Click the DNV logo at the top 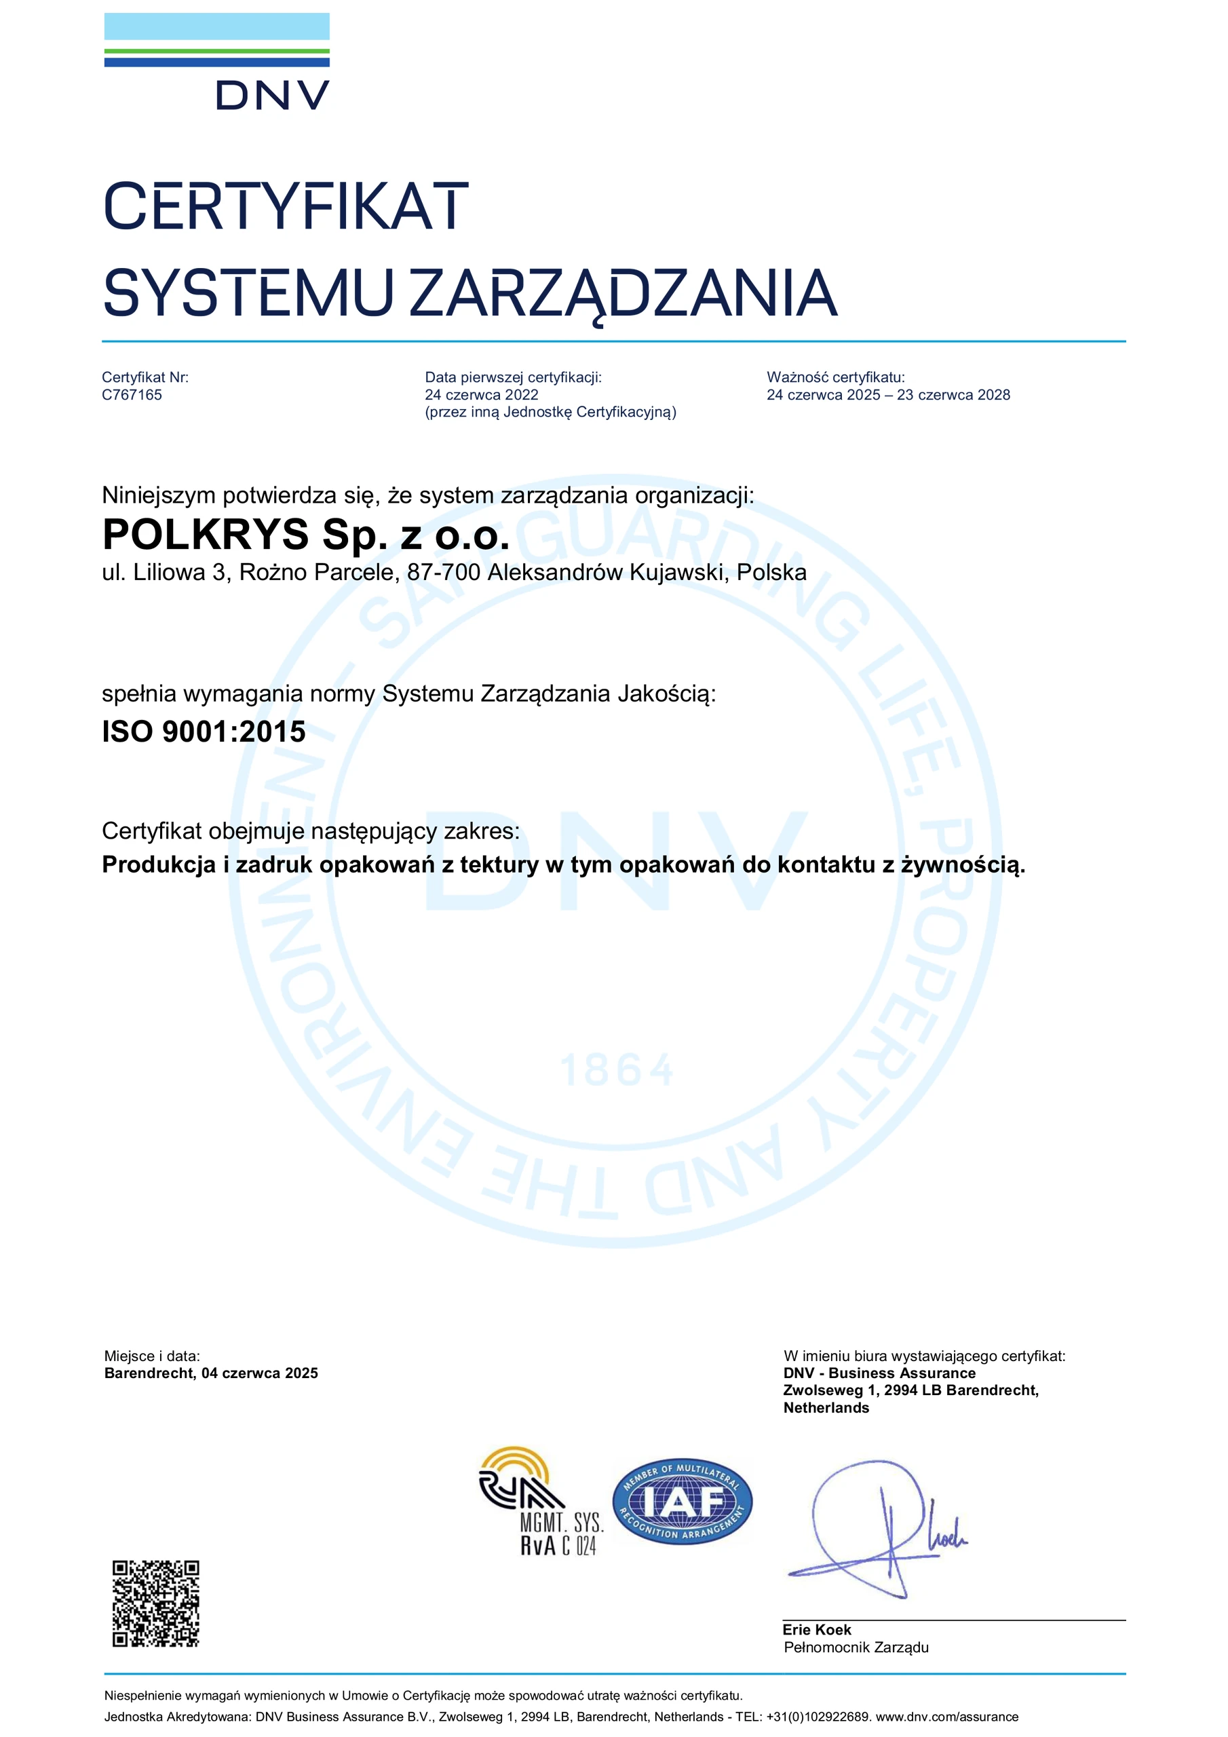(217, 62)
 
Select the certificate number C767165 (132, 395)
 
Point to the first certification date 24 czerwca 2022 (481, 395)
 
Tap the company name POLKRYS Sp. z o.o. (306, 535)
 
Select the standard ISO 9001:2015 (204, 731)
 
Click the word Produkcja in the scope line (159, 864)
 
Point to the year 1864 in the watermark (616, 1071)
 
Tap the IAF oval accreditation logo (683, 1502)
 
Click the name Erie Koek (816, 1630)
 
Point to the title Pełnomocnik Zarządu (856, 1647)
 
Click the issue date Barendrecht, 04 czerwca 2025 (211, 1373)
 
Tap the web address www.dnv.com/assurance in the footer (946, 1717)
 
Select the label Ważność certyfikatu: (835, 377)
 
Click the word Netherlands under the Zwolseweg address (826, 1408)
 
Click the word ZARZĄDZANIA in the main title (623, 294)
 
